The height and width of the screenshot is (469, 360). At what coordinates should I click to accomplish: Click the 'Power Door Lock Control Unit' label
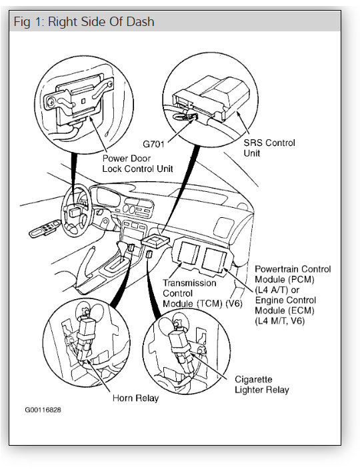click(x=137, y=163)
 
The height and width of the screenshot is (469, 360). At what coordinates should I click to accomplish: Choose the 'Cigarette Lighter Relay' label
click(x=261, y=384)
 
